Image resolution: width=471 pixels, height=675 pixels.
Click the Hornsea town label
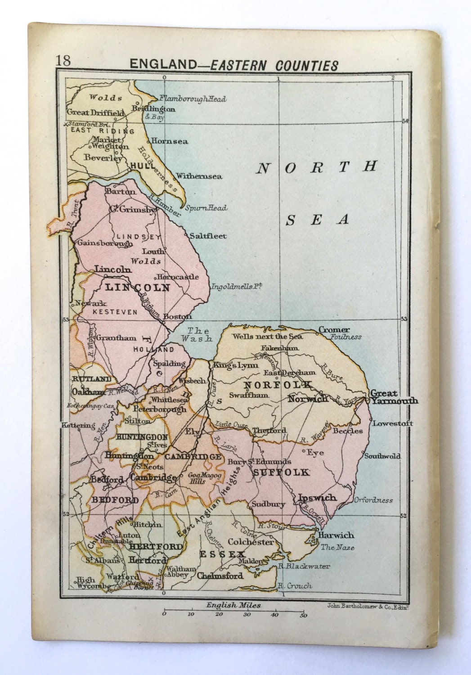[x=169, y=141]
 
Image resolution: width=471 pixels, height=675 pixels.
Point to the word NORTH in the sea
[x=316, y=167]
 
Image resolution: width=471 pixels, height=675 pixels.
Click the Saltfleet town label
[x=208, y=236]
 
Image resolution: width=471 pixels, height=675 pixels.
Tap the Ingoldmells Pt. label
[x=236, y=286]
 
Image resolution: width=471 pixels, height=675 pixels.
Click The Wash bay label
[x=196, y=335]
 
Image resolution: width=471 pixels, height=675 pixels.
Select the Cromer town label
[x=334, y=330]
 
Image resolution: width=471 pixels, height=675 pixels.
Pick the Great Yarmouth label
[x=394, y=397]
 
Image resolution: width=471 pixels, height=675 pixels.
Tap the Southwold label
[x=382, y=456]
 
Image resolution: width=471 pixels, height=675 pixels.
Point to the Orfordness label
[x=373, y=500]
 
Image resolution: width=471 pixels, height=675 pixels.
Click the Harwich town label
[x=336, y=535]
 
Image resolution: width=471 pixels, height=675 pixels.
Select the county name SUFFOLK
[x=281, y=472]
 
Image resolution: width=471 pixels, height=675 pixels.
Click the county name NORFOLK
[x=277, y=385]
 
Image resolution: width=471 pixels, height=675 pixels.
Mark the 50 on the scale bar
[x=304, y=616]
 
